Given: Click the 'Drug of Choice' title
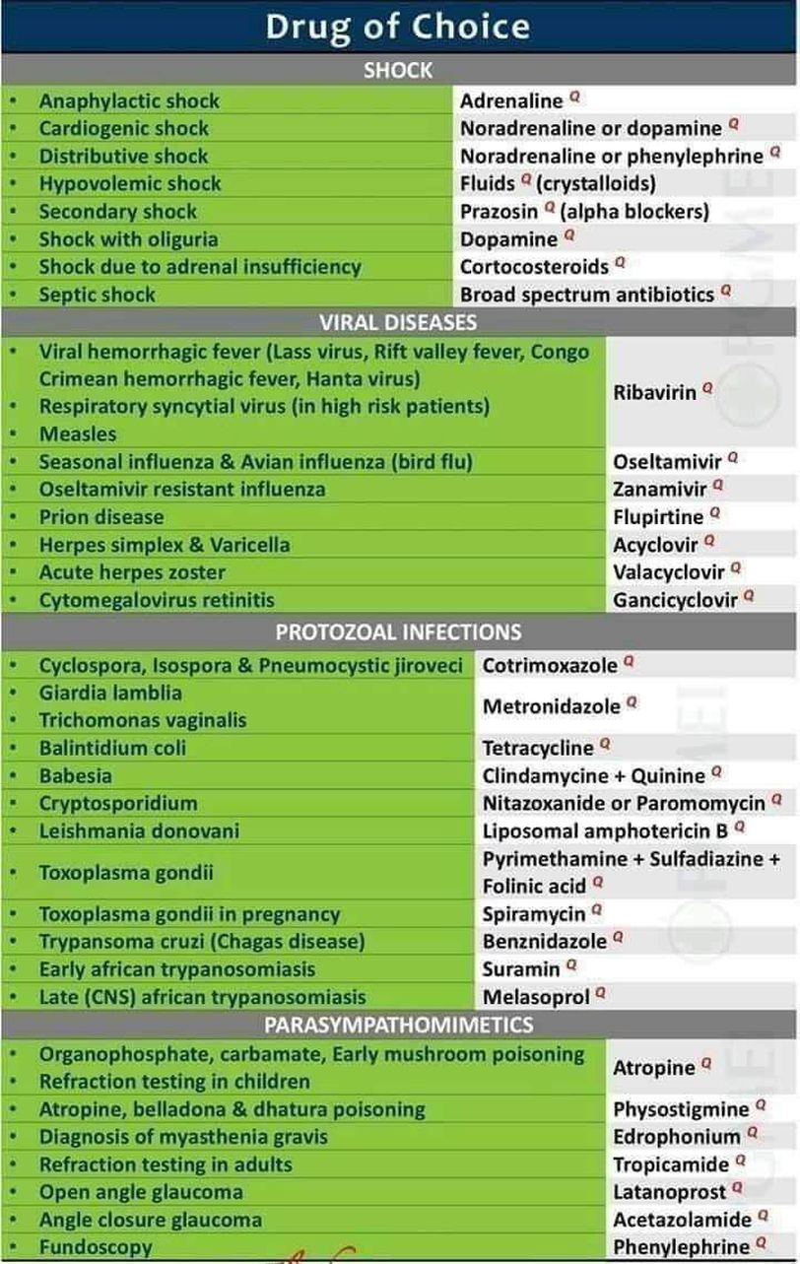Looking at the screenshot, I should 397,27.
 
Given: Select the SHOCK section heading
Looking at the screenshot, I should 397,70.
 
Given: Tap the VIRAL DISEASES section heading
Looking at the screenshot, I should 397,322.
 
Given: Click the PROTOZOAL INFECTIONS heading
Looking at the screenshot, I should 398,632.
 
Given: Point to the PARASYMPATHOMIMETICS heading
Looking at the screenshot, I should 398,1026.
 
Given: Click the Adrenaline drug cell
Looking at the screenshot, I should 511,100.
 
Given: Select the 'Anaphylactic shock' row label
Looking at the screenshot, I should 129,100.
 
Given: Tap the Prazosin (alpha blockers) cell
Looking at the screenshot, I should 584,211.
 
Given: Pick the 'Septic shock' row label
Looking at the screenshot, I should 97,294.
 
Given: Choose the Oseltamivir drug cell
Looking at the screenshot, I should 667,461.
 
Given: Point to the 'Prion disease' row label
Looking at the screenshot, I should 101,516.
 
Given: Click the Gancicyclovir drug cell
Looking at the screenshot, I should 675,599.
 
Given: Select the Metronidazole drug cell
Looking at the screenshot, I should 552,705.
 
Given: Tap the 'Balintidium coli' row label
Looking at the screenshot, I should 112,748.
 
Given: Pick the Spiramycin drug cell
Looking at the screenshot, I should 534,913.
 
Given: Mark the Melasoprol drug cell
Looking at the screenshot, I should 536,996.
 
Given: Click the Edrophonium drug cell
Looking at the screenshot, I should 677,1136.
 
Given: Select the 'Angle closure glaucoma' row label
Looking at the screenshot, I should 150,1219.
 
